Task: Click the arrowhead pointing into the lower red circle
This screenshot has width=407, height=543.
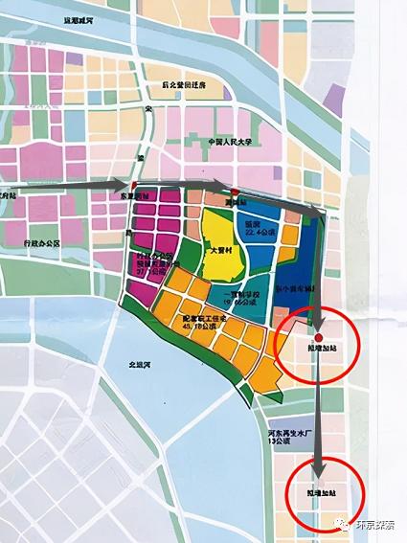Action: pyautogui.click(x=316, y=466)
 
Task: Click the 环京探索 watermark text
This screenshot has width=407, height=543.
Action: pyautogui.click(x=373, y=523)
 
